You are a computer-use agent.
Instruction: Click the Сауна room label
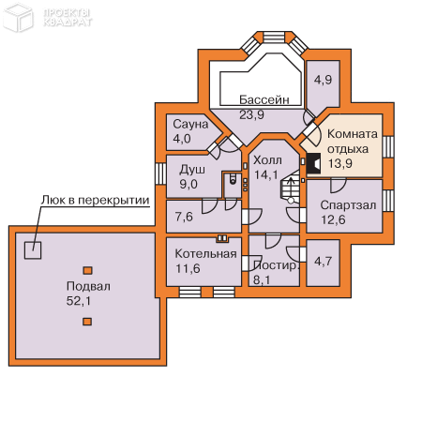[190, 124]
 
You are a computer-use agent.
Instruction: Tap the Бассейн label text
[264, 99]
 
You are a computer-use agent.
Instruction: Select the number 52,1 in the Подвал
[79, 301]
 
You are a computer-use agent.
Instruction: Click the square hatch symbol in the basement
[33, 250]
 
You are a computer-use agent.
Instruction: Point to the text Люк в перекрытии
[96, 200]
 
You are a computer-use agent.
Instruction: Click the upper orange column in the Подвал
[87, 270]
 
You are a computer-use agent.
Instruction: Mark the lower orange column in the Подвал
[87, 322]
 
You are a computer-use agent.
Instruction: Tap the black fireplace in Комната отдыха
[313, 163]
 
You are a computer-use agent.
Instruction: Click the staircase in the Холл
[290, 187]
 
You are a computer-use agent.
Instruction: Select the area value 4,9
[323, 80]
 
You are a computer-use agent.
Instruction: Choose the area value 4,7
[323, 261]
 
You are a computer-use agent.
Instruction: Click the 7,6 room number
[184, 217]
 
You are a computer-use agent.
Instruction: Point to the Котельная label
[205, 253]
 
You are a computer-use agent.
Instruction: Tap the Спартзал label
[348, 205]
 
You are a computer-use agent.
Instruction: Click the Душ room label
[192, 170]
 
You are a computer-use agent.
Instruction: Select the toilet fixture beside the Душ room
[233, 178]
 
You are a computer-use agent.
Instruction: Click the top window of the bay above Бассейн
[274, 37]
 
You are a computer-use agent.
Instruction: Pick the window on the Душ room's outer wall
[160, 174]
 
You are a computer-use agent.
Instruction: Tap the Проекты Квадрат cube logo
[18, 17]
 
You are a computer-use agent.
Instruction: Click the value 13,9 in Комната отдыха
[340, 163]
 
